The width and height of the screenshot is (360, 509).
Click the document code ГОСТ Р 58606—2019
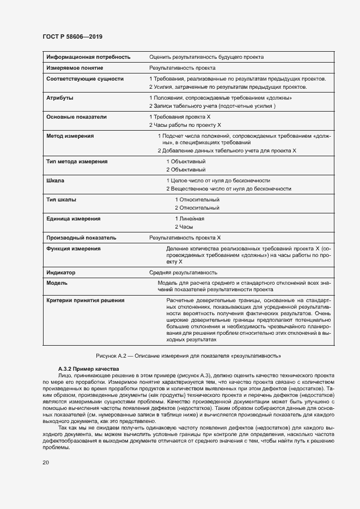point(72,36)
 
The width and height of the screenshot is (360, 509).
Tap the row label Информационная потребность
point(88,57)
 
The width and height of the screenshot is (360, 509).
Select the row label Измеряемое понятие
point(75,68)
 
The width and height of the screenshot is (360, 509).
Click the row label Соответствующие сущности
point(85,79)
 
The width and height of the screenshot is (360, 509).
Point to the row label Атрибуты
point(60,98)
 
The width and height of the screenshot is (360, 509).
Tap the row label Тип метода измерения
point(77,162)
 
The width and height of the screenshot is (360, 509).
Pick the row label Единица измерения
point(74,218)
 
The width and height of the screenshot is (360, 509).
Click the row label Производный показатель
point(81,238)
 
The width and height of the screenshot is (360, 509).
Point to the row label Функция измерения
point(74,249)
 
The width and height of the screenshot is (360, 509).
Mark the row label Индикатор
point(61,272)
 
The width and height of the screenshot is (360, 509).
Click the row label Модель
point(57,283)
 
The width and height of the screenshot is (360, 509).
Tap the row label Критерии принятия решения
point(86,300)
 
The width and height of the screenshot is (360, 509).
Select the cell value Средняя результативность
point(184,272)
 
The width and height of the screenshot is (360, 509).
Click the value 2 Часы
point(184,226)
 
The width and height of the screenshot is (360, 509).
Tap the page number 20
point(45,463)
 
